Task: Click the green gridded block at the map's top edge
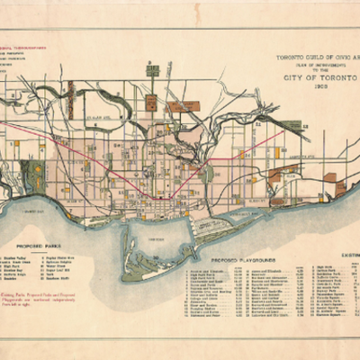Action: [152, 70]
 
